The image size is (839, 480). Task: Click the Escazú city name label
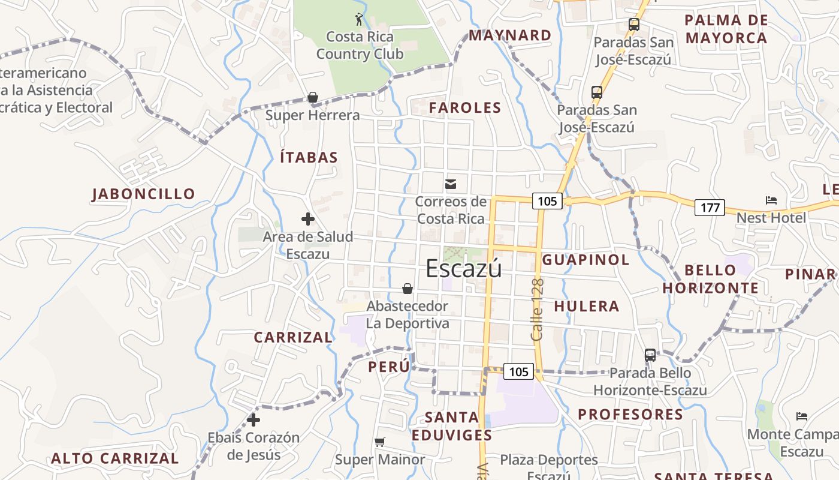(463, 268)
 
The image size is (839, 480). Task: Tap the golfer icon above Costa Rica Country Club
(359, 19)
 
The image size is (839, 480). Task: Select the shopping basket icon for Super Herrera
(312, 97)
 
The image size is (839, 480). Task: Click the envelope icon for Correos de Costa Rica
(451, 184)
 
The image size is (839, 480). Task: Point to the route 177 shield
(710, 208)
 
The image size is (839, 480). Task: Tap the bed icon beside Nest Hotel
(771, 200)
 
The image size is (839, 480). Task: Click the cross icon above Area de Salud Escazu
(308, 219)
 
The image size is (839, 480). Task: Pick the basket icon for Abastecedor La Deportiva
(408, 289)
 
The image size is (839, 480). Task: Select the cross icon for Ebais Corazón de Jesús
(253, 420)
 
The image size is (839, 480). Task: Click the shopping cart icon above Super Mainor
(379, 442)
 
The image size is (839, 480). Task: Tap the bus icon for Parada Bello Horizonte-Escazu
(650, 355)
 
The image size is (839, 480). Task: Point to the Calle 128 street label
(537, 310)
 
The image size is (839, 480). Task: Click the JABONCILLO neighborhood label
(144, 194)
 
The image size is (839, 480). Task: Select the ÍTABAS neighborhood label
(309, 158)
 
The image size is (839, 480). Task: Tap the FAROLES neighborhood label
(465, 108)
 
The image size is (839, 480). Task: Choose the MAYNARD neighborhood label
(510, 35)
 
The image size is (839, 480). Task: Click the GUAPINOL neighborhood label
(586, 260)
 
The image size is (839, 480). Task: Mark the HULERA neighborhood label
(587, 306)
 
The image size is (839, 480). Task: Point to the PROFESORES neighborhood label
(630, 415)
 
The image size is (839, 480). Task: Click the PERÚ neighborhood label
(390, 366)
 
